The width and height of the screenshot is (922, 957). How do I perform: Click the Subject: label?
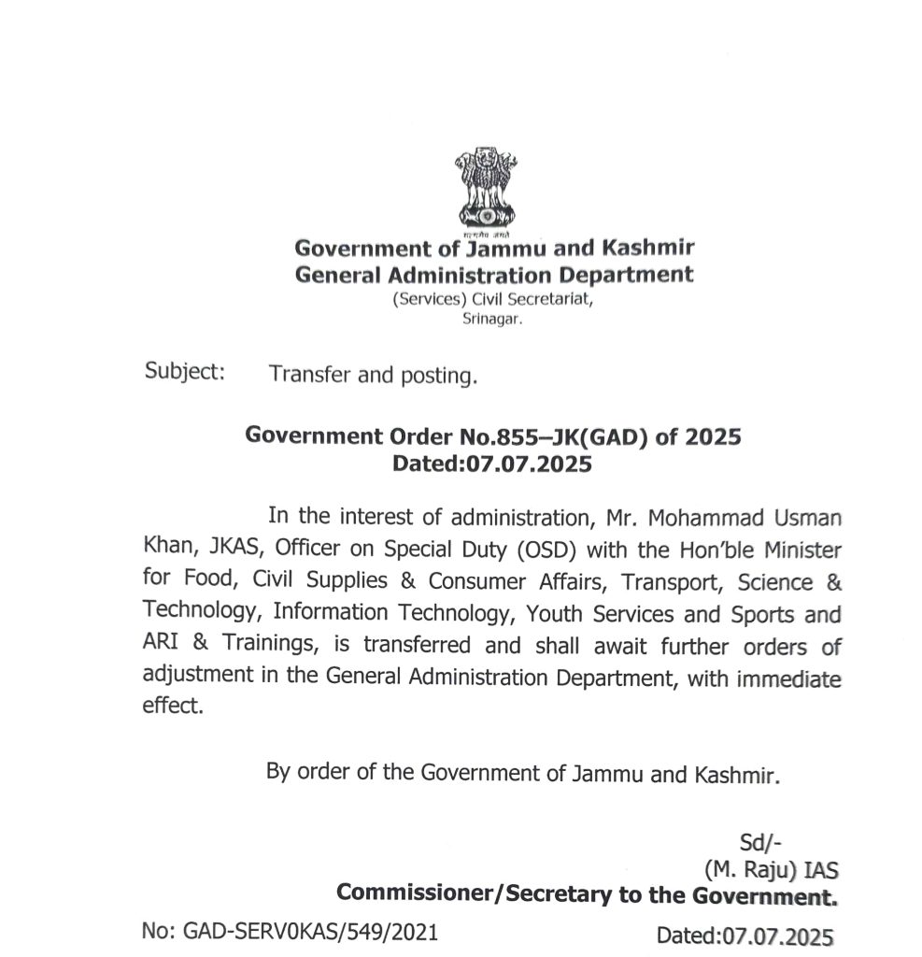(x=185, y=371)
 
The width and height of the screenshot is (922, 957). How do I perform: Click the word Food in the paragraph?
(x=212, y=581)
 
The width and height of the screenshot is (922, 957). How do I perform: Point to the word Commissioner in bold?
(x=418, y=895)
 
